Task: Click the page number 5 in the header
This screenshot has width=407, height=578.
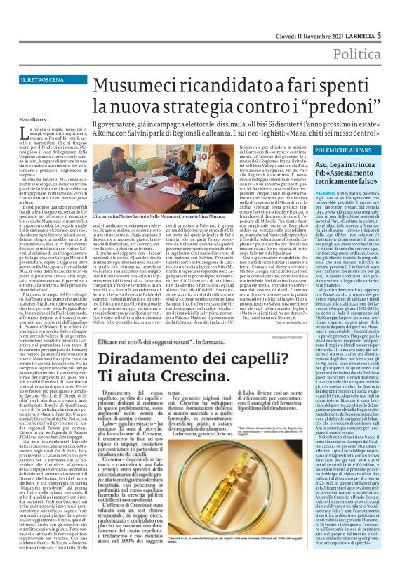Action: (398, 15)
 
